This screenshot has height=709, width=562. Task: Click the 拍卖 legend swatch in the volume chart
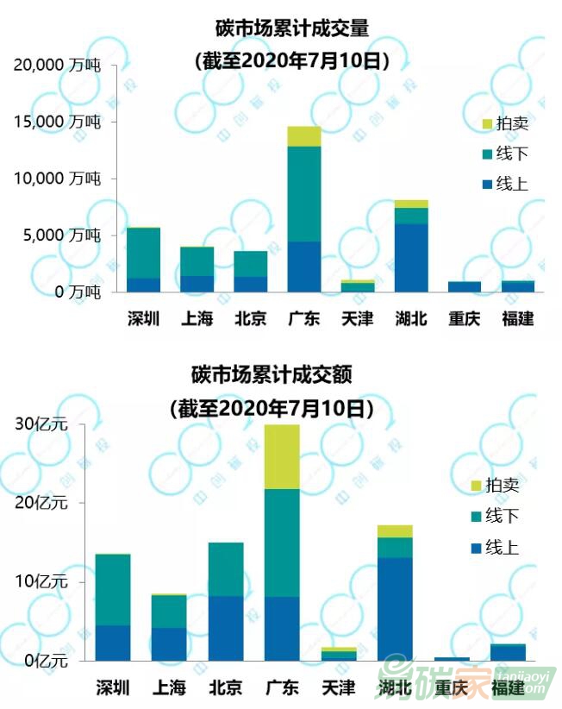488,123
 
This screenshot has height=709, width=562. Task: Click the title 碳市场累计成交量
292,28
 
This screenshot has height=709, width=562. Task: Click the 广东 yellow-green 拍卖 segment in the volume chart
304,136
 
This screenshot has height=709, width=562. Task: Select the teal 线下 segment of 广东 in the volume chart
304,194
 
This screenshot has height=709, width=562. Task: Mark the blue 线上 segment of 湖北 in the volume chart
411,257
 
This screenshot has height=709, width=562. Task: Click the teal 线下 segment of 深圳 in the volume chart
143,253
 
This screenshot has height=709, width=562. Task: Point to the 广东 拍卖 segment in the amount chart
282,456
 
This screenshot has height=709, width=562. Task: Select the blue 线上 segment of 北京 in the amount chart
226,628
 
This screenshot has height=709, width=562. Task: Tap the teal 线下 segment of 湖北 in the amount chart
395,547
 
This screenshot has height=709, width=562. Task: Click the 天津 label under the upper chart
357,318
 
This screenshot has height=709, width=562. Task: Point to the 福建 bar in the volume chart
518,285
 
